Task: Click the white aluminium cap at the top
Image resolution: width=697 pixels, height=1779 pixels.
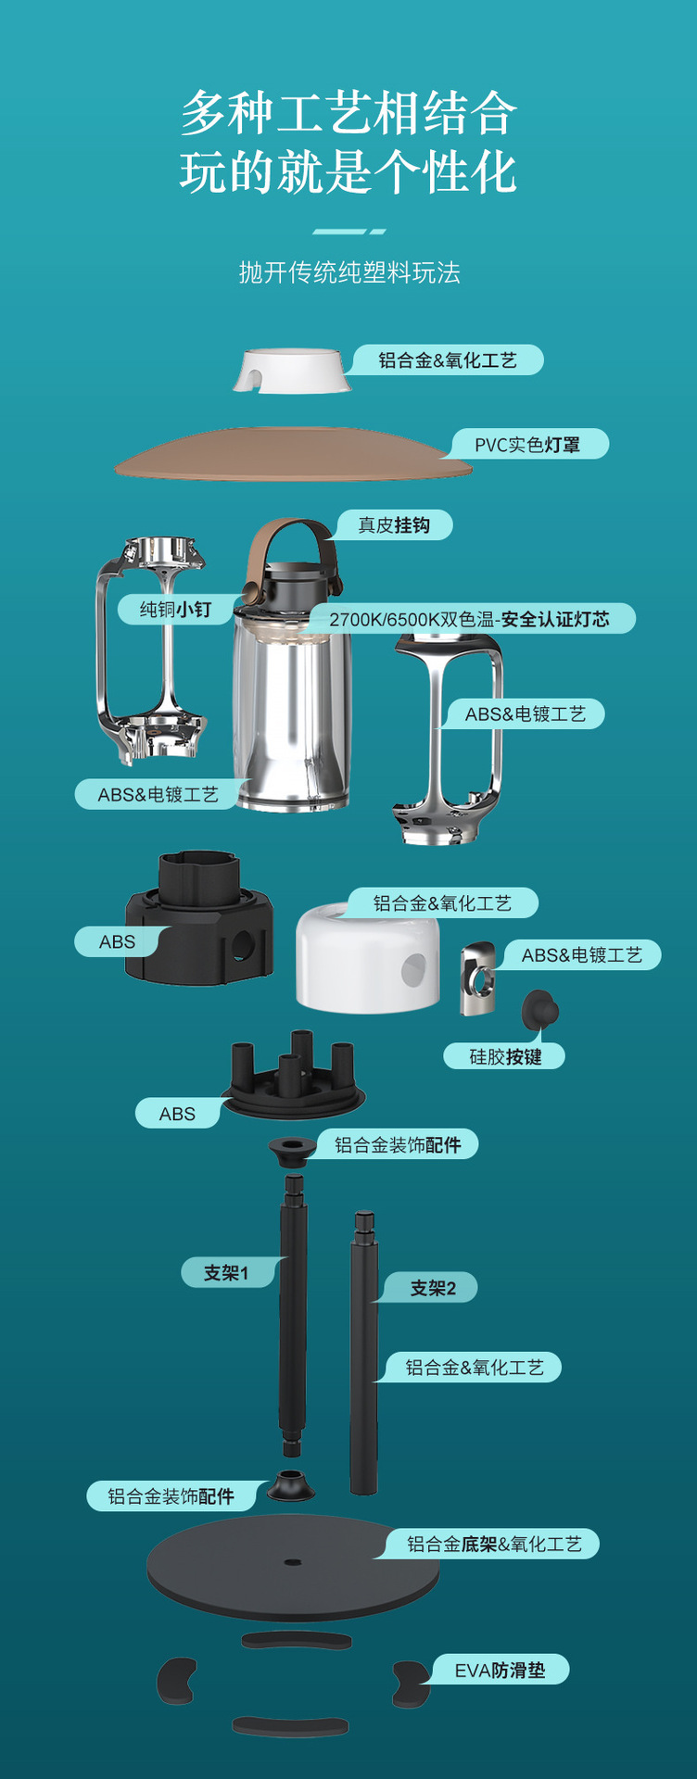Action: coord(292,371)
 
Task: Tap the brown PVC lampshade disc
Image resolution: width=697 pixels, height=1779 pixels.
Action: coord(293,454)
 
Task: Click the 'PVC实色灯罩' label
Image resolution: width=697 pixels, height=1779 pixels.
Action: coord(527,445)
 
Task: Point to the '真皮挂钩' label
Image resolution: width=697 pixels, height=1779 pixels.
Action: coord(394,525)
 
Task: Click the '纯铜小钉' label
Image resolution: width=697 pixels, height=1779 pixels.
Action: coord(175,609)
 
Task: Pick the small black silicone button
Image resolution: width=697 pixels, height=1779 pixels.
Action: coord(539,1009)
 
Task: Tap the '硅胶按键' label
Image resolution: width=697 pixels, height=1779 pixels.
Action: coord(505,1056)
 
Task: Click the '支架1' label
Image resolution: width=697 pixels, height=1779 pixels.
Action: coord(227,1273)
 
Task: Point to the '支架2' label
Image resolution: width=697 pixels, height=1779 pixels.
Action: coord(434,1288)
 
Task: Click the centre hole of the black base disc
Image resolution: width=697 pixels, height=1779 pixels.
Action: coord(293,1562)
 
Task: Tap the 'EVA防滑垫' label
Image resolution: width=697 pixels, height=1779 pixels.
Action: coord(500,1670)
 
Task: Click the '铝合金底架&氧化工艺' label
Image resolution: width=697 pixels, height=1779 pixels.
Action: coord(494,1544)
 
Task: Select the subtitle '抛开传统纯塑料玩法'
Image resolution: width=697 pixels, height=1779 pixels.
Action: coord(349,272)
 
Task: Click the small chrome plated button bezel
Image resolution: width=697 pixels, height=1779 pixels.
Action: coord(478,978)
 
